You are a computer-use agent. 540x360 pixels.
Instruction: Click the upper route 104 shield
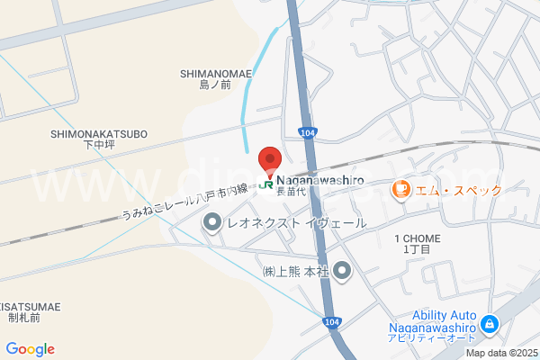click(308, 132)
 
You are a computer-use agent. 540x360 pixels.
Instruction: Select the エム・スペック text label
click(459, 191)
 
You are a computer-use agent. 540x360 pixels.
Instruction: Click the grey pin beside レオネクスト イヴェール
click(212, 222)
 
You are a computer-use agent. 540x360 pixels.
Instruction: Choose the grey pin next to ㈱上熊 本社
click(342, 270)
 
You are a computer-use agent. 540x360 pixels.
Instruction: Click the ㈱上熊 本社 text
click(294, 271)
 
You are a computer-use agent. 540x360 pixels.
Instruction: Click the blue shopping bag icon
click(489, 322)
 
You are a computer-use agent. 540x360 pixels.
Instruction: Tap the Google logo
click(31, 349)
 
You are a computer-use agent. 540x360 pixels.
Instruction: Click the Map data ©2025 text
click(499, 353)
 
